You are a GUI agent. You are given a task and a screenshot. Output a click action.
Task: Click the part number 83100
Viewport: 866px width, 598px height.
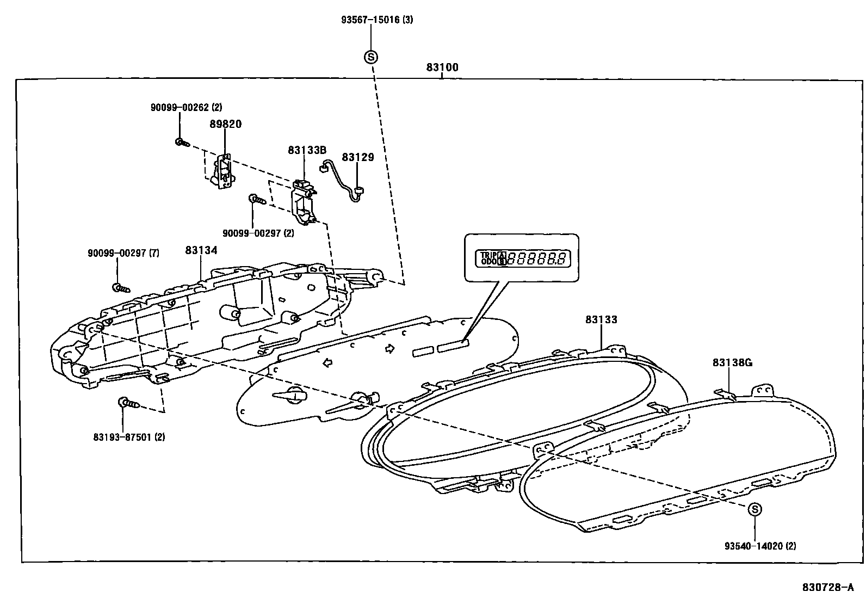point(442,68)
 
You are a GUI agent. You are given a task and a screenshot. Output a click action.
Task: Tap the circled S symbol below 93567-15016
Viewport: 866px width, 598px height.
point(371,57)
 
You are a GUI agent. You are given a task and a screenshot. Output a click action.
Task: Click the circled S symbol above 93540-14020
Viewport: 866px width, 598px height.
point(754,509)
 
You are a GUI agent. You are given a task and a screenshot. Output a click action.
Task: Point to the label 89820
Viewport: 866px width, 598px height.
point(225,124)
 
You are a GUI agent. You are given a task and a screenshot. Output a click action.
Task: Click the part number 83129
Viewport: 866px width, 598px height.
point(358,157)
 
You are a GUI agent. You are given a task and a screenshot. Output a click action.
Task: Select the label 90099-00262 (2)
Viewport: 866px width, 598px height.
point(186,108)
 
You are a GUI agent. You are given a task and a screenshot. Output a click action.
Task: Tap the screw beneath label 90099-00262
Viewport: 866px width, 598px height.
point(181,143)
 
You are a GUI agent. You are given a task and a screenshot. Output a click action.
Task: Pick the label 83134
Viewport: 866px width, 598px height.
point(201,250)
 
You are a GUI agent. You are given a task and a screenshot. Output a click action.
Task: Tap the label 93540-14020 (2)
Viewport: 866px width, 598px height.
point(760,545)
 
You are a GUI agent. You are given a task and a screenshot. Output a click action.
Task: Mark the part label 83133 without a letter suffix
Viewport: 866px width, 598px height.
point(602,319)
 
